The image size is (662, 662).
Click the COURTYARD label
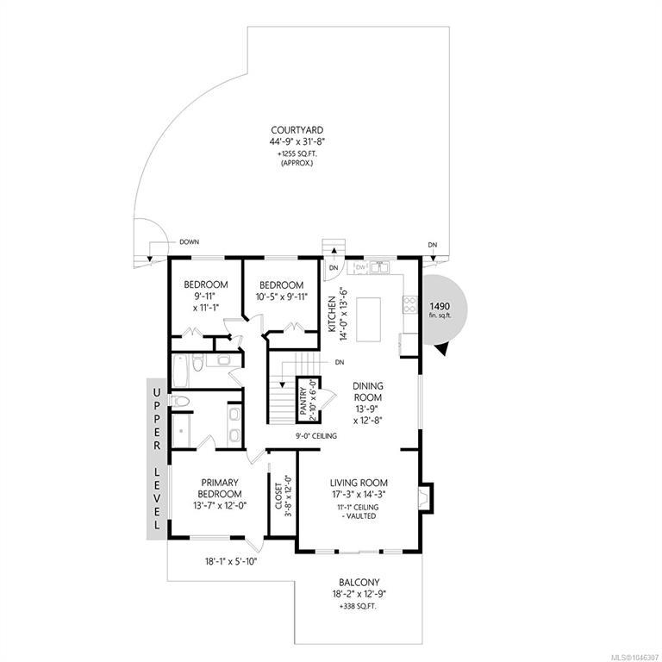297,130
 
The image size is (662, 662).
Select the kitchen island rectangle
368,319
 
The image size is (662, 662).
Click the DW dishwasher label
360,267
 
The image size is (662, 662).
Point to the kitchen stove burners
410,305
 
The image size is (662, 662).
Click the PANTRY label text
303,401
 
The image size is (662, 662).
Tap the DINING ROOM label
368,391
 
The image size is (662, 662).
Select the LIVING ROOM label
359,483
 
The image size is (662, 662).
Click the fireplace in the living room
425,498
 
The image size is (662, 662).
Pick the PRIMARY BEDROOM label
220,488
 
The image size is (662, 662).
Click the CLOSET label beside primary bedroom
278,496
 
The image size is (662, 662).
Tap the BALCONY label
359,582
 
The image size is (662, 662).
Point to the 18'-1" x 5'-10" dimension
231,561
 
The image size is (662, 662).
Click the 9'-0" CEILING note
315,435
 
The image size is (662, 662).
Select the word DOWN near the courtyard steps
189,242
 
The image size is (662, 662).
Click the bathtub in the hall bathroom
181,371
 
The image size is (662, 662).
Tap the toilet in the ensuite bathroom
179,401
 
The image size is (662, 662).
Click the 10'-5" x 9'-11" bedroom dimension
282,297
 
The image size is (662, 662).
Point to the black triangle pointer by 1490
440,349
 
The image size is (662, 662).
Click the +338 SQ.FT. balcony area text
359,606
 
